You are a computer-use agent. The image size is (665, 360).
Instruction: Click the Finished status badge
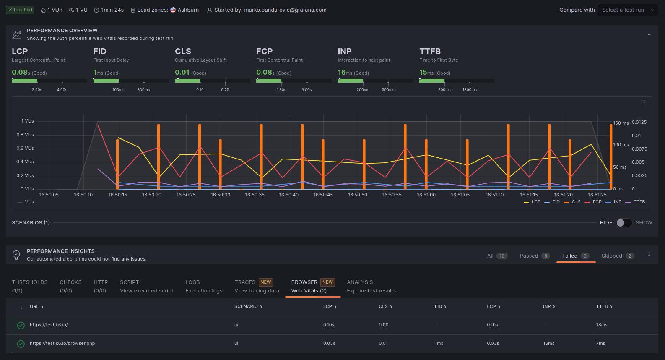20,10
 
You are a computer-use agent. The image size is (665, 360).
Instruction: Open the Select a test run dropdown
627,10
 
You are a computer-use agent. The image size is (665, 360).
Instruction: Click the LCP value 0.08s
20,73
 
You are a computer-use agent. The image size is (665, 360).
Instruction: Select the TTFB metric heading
430,51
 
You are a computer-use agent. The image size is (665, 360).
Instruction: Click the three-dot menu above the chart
644,103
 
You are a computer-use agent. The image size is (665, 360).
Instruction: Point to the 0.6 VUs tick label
25,148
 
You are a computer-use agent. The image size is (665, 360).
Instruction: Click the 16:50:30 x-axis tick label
220,195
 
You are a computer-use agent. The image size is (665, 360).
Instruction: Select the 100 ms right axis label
621,145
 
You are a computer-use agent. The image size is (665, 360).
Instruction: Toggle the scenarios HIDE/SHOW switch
624,223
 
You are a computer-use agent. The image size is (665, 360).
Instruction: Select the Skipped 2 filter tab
617,256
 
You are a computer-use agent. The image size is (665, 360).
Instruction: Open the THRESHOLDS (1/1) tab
29,286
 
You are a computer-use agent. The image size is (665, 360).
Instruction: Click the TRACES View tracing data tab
257,286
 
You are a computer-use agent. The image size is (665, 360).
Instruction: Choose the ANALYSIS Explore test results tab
371,286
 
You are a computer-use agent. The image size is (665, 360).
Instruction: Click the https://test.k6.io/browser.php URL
62,343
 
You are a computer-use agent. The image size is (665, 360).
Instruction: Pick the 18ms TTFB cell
601,325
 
